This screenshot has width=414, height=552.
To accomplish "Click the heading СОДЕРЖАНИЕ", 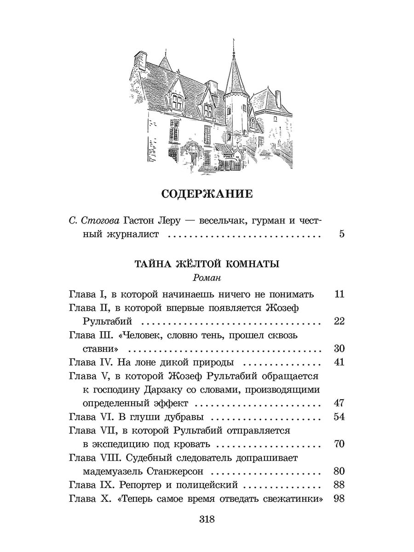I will click(207, 194).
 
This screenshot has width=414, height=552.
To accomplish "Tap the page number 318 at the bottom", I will click(207, 520).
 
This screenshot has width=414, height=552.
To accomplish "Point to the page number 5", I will click(341, 234).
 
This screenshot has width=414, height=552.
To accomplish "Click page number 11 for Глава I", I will click(339, 294).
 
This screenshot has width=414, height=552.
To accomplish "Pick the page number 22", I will click(339, 321).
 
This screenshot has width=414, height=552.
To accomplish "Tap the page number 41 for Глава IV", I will click(339, 362).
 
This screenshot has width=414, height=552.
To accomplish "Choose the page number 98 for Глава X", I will click(339, 499).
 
